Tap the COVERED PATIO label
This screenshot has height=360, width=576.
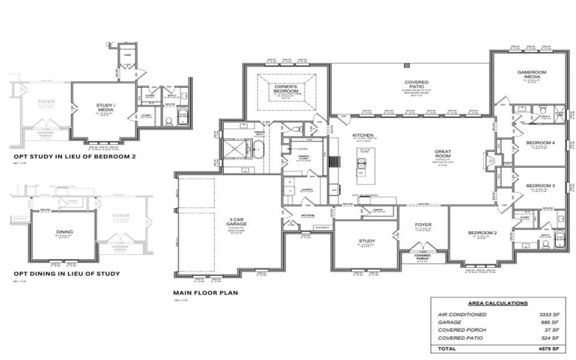pos(417,84)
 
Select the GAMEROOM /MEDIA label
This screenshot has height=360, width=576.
pos(533,76)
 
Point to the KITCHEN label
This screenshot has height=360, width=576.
pos(361,135)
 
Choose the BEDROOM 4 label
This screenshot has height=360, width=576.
pos(540,143)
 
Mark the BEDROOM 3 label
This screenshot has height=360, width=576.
pos(540,186)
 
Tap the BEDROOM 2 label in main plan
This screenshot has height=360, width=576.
pos(480,233)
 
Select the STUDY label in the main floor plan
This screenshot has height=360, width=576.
pos(366,240)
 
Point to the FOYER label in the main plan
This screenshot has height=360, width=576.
pos(423,225)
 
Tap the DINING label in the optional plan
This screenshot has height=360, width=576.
pos(65,233)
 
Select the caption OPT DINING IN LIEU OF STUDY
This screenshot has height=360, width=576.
pos(66,274)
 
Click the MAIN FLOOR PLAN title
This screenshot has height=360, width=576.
pos(206,293)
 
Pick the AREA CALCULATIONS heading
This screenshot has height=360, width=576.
pos(498,304)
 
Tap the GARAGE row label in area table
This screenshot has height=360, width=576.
pos(449,323)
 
